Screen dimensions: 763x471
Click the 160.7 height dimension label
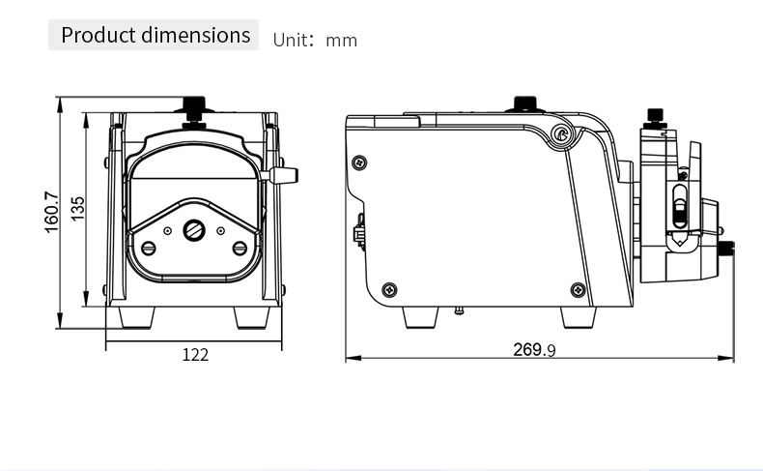pos(51,213)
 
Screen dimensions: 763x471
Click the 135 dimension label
pos(77,209)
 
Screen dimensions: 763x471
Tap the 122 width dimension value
pos(195,355)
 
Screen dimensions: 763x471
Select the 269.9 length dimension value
pos(534,350)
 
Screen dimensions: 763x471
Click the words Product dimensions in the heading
pos(155,35)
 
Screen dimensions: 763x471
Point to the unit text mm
pos(342,41)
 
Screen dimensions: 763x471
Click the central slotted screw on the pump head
pos(194,230)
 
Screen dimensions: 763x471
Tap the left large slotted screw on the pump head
pos(149,249)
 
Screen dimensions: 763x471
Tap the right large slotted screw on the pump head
pos(240,249)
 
